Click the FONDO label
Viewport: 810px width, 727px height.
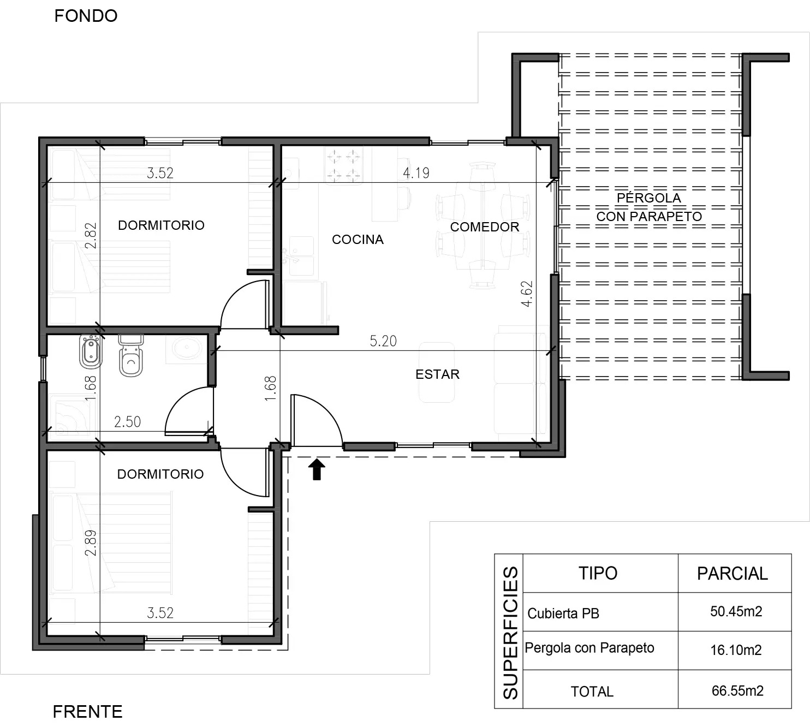tap(86, 16)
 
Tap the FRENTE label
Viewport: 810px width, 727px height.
tap(87, 712)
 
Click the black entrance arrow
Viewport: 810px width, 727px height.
tap(317, 469)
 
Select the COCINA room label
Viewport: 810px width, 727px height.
tap(358, 240)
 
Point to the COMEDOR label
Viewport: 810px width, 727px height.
tap(485, 227)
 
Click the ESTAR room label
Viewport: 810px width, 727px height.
tap(437, 374)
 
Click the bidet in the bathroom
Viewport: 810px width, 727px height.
tap(91, 351)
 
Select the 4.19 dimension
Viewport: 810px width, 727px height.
tap(416, 173)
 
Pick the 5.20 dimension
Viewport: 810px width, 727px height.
tap(383, 341)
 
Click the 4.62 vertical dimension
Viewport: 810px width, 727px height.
tap(527, 294)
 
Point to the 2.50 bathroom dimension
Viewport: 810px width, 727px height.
tap(128, 422)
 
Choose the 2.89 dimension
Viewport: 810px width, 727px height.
tap(91, 543)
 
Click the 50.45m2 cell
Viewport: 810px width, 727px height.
tap(736, 611)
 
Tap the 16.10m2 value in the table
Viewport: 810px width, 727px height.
tap(736, 650)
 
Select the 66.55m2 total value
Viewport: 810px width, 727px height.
tap(737, 690)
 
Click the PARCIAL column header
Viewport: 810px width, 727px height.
tap(732, 574)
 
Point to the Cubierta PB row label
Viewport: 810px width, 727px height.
tap(563, 613)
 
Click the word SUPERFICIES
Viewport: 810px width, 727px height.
tap(510, 633)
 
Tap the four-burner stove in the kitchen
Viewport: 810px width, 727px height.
tap(343, 165)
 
